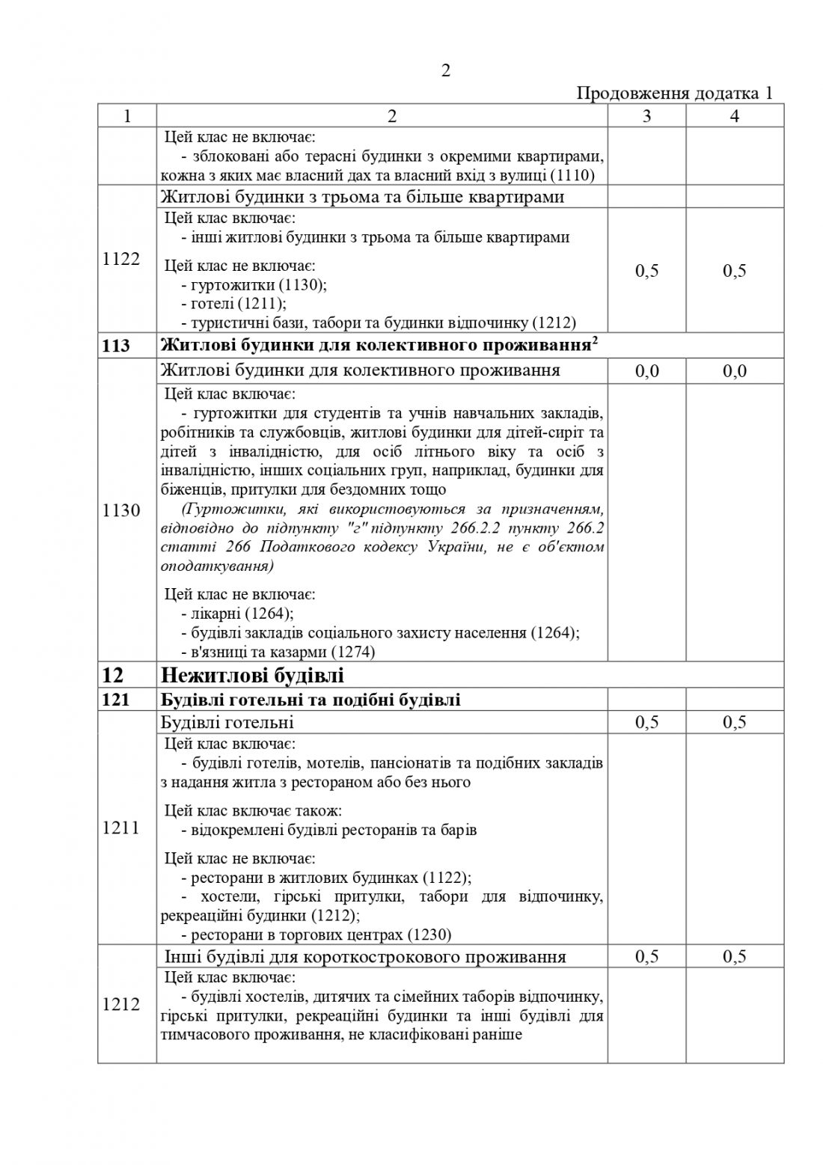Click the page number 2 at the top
[x=446, y=70]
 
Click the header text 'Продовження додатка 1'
[x=674, y=94]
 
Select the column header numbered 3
[x=646, y=116]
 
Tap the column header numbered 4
[x=734, y=116]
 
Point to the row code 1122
[x=120, y=259]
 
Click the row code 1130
[x=120, y=510]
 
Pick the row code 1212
[x=120, y=1003]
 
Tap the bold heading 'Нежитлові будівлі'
[x=252, y=676]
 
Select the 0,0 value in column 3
[x=646, y=371]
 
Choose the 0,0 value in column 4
[x=734, y=371]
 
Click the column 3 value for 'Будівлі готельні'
[x=646, y=722]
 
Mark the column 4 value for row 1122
[x=734, y=270]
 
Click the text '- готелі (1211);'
[x=233, y=304]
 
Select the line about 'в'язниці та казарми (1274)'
[x=278, y=652]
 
